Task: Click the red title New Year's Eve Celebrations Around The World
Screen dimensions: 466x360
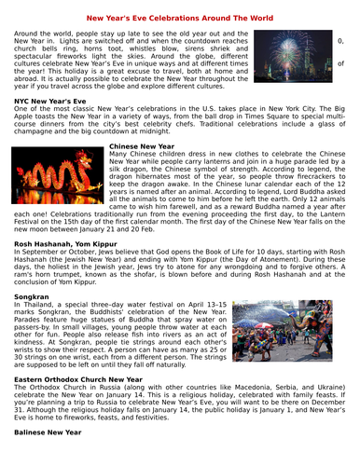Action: pyautogui.click(x=179, y=16)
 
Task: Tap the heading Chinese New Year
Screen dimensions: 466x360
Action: pyautogui.click(x=143, y=146)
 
